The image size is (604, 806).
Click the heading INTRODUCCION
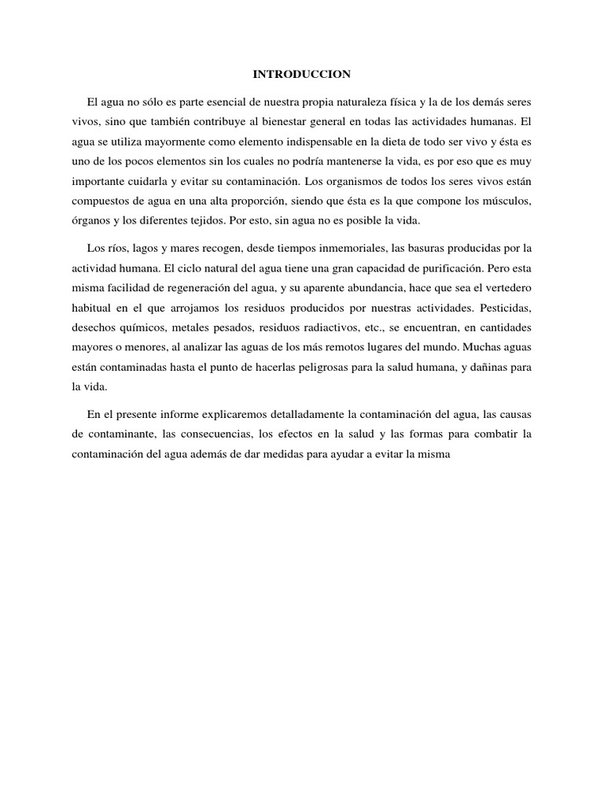coord(301,75)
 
